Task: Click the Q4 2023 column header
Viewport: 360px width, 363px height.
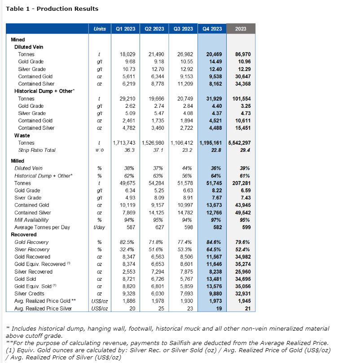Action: point(212,29)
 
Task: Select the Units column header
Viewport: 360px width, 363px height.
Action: point(100,29)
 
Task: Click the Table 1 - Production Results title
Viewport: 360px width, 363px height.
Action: point(52,9)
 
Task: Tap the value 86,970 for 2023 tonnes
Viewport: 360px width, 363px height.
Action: point(243,54)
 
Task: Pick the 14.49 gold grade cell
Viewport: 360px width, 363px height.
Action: point(214,62)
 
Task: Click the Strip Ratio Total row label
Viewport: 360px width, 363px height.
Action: point(37,150)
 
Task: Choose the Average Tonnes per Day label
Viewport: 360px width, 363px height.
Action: point(42,227)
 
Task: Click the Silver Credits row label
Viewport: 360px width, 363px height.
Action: point(33,287)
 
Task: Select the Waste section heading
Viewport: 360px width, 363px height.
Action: point(22,135)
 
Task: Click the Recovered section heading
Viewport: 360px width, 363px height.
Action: point(23,235)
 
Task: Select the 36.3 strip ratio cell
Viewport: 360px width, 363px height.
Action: point(130,150)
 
